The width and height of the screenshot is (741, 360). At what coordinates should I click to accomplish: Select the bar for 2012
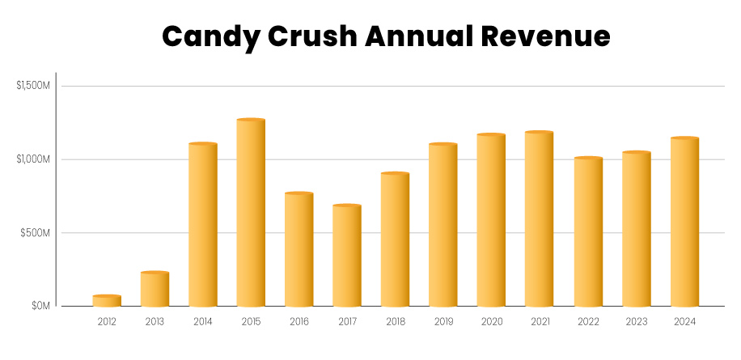pos(107,301)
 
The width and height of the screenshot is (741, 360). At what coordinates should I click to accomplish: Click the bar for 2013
pos(155,290)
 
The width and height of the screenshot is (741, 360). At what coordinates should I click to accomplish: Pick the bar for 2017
pos(347,256)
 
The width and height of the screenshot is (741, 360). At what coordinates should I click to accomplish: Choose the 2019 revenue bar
pos(443,226)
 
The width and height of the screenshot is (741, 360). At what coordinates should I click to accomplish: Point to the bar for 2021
pos(540,219)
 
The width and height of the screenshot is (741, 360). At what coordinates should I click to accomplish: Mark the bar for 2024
pos(684,222)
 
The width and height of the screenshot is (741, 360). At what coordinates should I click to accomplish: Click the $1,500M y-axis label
pos(33,86)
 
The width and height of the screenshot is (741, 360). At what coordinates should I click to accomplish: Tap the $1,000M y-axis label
pos(33,159)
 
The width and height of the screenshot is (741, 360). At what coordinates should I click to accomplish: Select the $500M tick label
pos(37,233)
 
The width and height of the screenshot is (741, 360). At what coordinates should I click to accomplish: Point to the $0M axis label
pos(40,306)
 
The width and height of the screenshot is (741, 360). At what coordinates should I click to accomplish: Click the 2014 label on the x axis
pos(203,322)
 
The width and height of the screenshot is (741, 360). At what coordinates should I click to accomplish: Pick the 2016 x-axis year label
pos(299,322)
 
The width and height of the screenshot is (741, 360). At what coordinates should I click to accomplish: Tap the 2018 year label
pos(396,322)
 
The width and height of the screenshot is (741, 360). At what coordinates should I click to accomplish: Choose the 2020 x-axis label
pos(491,322)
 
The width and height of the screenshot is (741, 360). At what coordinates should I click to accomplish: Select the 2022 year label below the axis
pos(587,322)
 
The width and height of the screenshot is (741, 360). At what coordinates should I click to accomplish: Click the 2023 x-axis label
pos(636,322)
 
